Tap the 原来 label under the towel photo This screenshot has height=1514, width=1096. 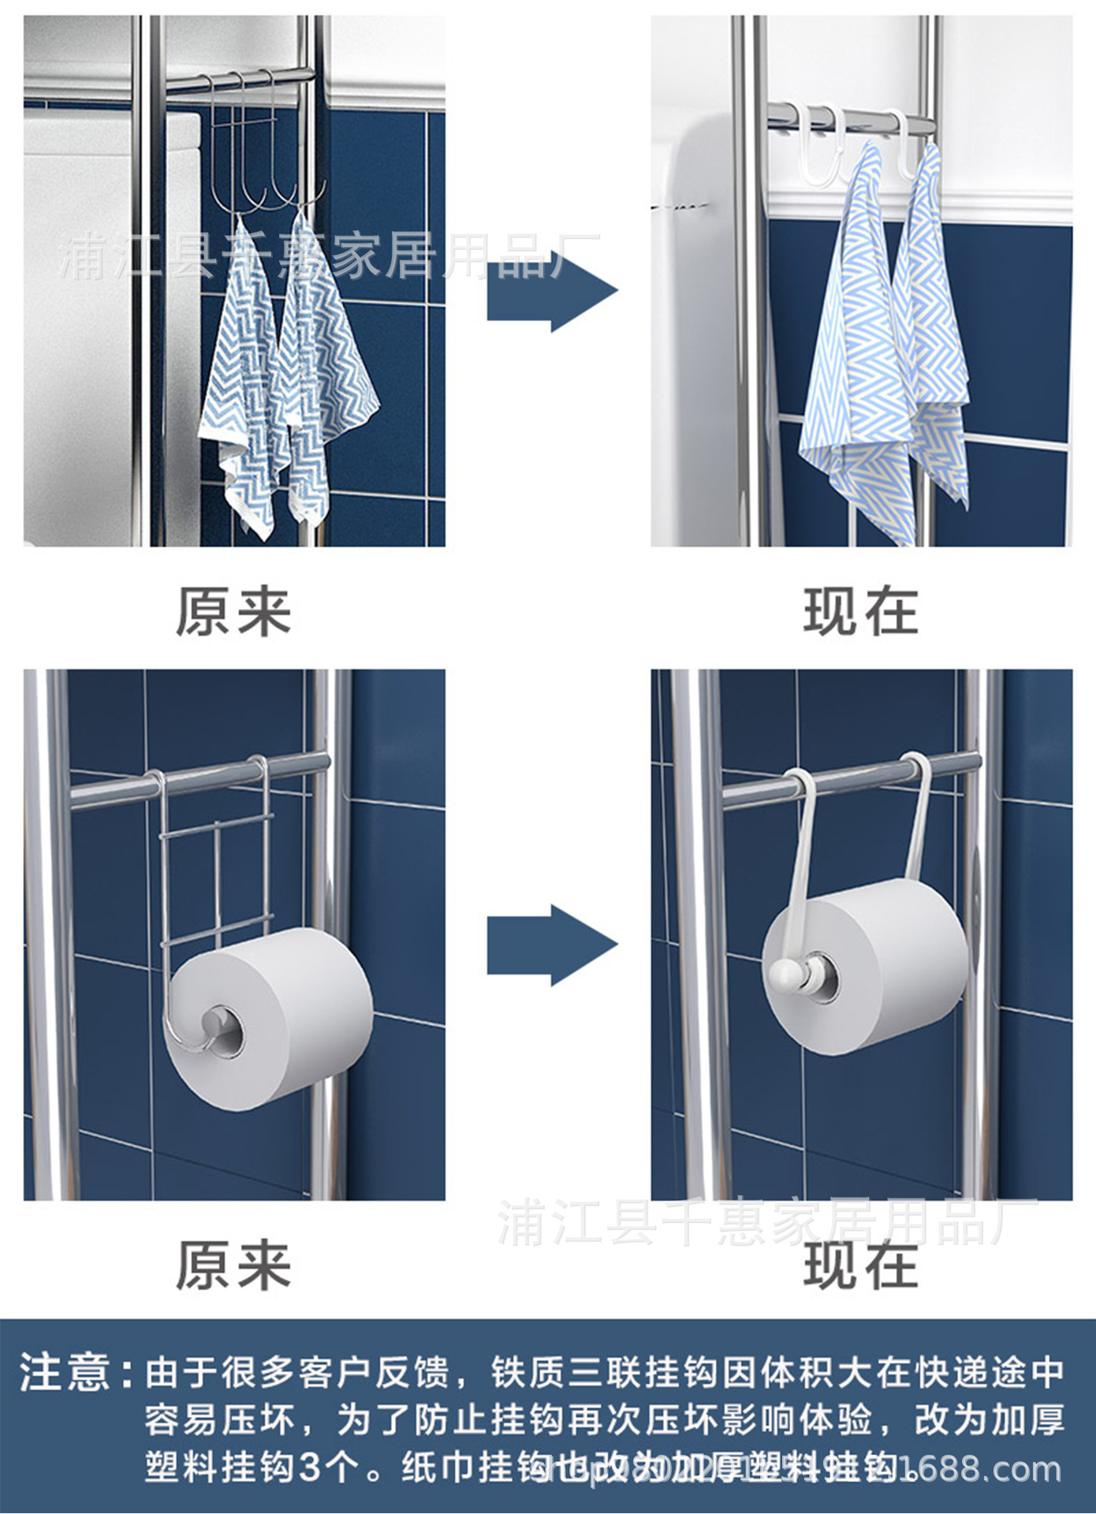click(x=233, y=612)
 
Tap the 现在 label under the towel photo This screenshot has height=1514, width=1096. click(x=860, y=612)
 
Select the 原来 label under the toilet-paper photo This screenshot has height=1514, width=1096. click(x=233, y=1266)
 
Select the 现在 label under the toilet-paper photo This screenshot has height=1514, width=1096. click(x=860, y=1266)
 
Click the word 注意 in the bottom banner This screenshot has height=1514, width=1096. click(x=65, y=1371)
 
